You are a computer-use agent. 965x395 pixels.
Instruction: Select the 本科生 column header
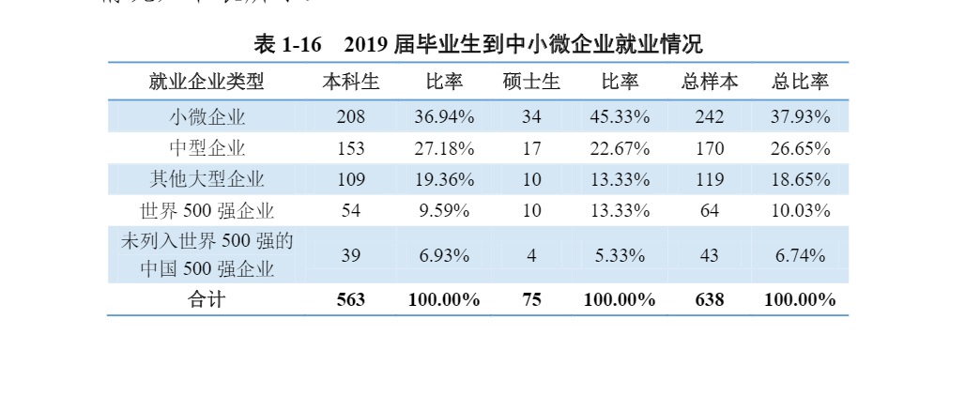pos(351,82)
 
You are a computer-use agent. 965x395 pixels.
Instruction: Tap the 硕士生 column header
pos(531,82)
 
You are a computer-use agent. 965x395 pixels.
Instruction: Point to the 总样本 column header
pos(709,82)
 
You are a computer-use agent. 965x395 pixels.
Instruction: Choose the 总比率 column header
pos(800,82)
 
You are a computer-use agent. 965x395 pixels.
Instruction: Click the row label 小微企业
pos(207,117)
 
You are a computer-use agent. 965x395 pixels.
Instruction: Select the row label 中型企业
pos(207,148)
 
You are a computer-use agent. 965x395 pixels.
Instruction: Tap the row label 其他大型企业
pos(207,179)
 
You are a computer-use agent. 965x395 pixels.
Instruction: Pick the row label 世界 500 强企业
pos(207,210)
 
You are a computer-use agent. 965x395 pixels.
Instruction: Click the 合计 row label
pos(207,300)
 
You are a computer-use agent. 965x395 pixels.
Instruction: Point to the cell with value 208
pos(351,117)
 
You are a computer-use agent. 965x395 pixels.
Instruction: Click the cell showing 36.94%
pos(444,117)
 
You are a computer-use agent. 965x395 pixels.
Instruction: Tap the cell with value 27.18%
pos(444,148)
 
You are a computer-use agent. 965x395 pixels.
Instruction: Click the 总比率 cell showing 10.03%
pos(800,210)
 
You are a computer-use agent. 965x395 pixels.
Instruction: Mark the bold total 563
pos(351,300)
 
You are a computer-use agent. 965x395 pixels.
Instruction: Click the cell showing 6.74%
pos(800,255)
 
